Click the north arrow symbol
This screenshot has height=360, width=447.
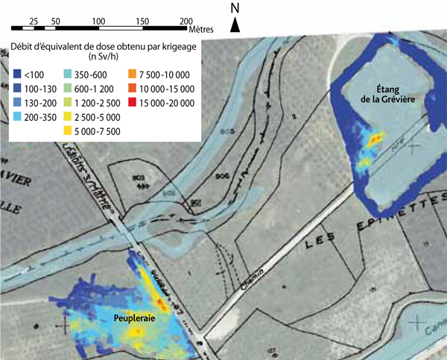point(235,25)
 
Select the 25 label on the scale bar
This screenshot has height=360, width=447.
point(34,20)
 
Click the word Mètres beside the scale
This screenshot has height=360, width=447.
point(199,29)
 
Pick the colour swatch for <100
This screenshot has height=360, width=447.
point(17,74)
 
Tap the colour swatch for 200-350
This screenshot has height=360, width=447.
point(17,117)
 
